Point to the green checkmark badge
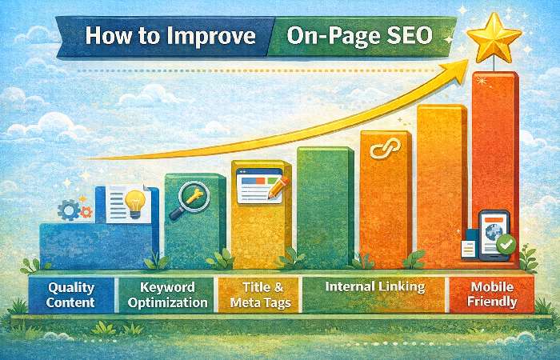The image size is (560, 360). (x=505, y=245)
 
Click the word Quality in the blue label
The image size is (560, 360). (x=71, y=286)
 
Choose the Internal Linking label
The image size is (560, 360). (x=374, y=286)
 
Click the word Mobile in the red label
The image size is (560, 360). (x=493, y=286)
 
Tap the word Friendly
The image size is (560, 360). (x=493, y=302)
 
